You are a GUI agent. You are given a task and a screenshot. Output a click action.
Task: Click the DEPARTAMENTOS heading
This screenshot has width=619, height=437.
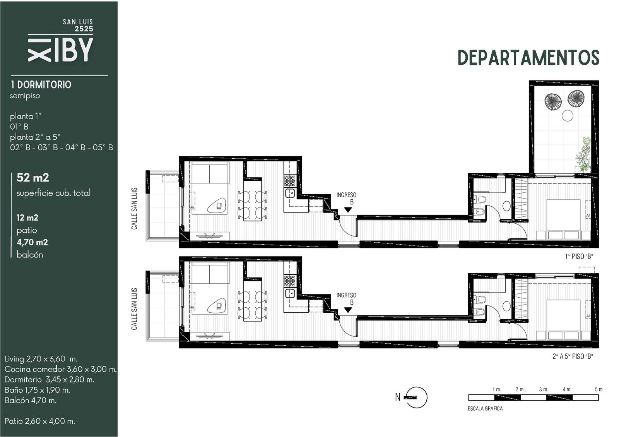click(528, 58)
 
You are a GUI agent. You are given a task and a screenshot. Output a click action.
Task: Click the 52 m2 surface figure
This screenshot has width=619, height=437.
click(32, 177)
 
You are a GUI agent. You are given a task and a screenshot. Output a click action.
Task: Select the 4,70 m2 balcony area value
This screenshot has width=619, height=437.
click(32, 242)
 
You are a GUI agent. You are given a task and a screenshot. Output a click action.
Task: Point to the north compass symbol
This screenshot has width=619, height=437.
click(416, 397)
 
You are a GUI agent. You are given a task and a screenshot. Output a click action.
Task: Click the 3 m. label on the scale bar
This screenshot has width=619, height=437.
click(543, 389)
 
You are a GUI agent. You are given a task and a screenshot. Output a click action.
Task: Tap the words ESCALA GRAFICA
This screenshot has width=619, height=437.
click(485, 408)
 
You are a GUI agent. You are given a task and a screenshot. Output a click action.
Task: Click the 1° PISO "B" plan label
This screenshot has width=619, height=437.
click(579, 256)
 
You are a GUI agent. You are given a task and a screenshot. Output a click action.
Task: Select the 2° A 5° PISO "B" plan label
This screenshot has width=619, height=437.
click(573, 356)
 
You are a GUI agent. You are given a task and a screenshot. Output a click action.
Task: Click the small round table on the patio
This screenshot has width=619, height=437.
click(567, 115)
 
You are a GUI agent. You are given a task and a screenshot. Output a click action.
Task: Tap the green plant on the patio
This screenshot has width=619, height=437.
click(584, 155)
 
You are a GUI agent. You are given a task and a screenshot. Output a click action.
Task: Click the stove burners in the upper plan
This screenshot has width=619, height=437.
click(290, 180)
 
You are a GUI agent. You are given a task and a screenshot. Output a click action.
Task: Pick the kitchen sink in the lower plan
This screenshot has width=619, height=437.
click(290, 293)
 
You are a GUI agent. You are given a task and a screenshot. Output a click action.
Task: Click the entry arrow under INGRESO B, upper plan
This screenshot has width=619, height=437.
click(348, 210)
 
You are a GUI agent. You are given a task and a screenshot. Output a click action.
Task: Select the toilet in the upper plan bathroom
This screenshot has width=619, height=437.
click(480, 199)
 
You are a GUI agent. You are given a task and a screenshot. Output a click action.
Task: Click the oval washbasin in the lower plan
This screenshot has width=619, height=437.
click(506, 306)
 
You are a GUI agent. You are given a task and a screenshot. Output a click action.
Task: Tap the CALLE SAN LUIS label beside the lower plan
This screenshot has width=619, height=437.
click(134, 309)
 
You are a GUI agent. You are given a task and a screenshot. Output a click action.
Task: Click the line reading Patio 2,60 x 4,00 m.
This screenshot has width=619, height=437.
click(40, 421)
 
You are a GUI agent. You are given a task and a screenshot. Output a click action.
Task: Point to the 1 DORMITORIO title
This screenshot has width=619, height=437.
click(41, 85)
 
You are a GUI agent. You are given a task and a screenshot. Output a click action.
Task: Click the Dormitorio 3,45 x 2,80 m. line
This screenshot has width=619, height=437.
click(50, 379)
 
